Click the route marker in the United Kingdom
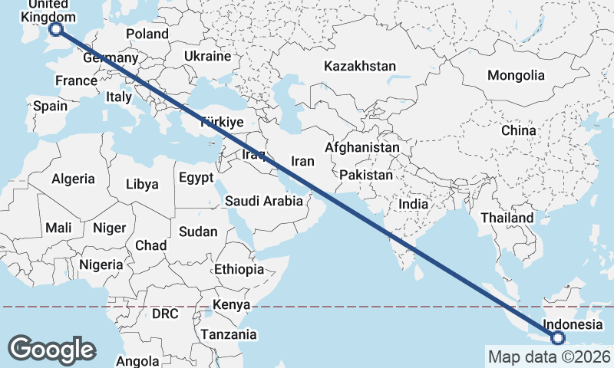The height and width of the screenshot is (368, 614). [55, 29]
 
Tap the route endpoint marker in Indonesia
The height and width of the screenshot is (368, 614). [557, 337]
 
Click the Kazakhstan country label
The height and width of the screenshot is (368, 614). [359, 67]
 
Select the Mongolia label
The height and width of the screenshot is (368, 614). [516, 75]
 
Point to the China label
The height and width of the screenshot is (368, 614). [518, 130]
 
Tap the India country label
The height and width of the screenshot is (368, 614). [413, 205]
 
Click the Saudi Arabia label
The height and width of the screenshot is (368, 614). [263, 202]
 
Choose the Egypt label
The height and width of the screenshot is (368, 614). [195, 178]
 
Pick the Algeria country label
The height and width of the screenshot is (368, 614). [73, 179]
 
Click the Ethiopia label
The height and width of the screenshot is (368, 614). [239, 270]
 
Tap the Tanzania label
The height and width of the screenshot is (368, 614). [229, 335]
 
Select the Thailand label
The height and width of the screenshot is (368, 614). [507, 218]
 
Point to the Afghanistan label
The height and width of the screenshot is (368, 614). [362, 147]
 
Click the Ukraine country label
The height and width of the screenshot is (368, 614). [207, 57]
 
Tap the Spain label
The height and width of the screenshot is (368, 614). [50, 107]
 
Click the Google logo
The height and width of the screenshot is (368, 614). [51, 350]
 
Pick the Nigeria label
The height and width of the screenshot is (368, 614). [101, 264]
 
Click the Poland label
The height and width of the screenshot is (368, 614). [147, 34]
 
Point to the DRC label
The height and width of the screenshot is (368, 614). [164, 314]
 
